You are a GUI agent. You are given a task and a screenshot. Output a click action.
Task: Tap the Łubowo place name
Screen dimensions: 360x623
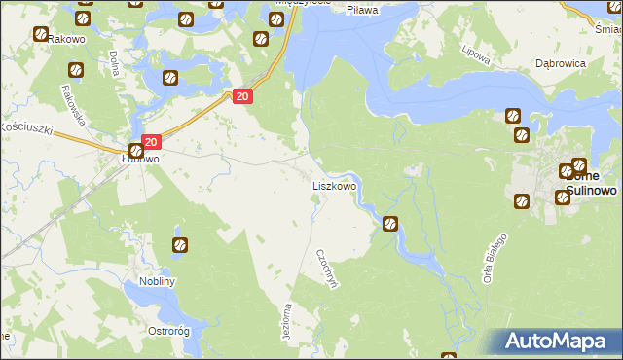139,158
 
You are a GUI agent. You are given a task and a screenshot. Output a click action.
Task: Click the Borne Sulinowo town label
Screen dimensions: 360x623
590,184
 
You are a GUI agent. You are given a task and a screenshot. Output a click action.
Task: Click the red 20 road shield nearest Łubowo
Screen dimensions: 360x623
149,142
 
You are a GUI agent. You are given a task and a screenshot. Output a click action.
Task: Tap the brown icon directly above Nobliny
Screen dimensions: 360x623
179,244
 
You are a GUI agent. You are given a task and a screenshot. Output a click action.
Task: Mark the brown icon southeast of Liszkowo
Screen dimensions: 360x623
390,224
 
